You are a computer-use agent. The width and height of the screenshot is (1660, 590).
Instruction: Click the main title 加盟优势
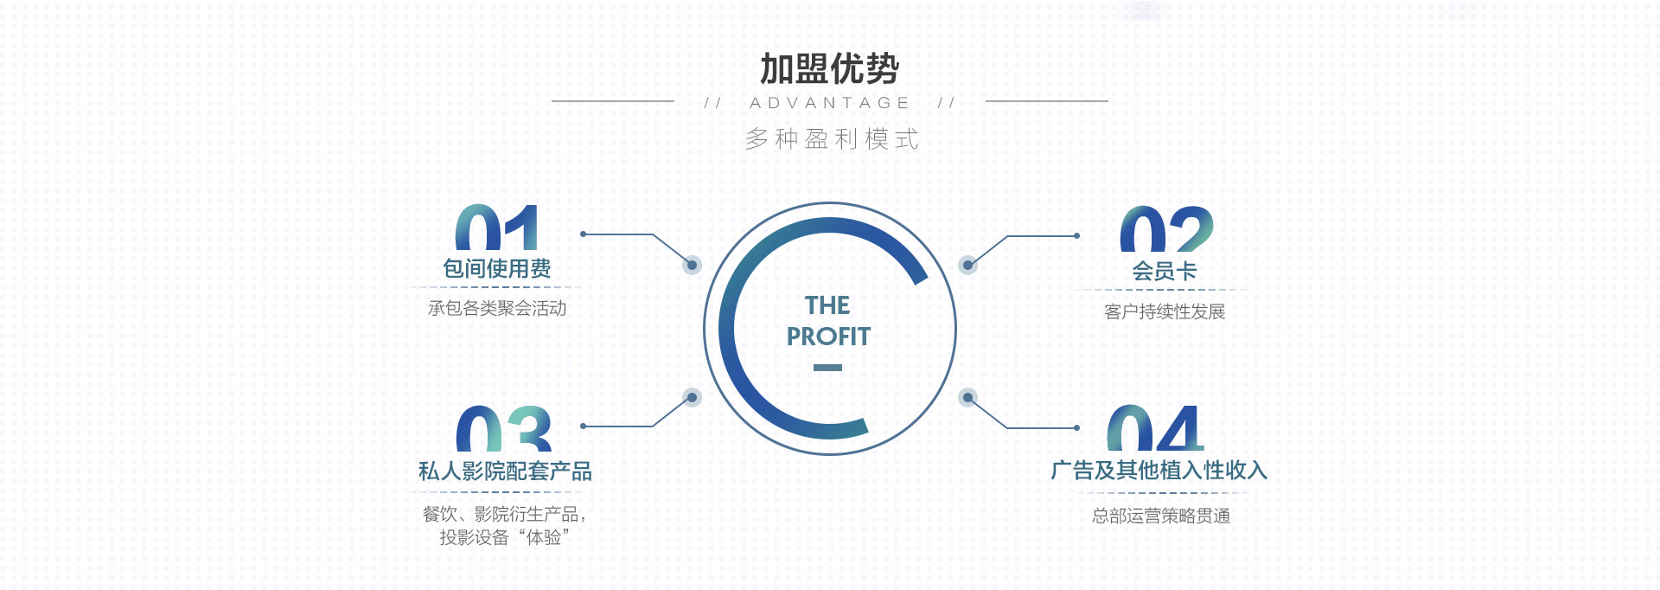tap(830, 69)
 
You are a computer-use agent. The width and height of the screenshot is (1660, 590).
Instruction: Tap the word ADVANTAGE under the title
tap(830, 103)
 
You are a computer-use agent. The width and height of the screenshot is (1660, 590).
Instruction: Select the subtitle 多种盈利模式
tap(832, 138)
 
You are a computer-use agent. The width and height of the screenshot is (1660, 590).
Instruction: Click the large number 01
tap(497, 228)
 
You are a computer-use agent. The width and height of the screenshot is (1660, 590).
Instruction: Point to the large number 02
tap(1166, 229)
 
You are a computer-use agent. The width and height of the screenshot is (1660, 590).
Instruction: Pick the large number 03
tap(503, 428)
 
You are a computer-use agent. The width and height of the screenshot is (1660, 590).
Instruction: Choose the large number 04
tap(1156, 428)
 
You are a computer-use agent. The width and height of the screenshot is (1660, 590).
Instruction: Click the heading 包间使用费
tap(497, 269)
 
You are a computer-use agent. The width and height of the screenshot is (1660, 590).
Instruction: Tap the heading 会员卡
tap(1165, 272)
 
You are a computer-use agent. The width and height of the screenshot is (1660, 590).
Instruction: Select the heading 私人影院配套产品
tap(505, 471)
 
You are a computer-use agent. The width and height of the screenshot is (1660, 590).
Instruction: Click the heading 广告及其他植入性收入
tap(1159, 471)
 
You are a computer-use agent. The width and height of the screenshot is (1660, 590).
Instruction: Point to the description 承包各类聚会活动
tap(497, 308)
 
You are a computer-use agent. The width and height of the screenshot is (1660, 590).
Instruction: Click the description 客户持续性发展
tap(1165, 311)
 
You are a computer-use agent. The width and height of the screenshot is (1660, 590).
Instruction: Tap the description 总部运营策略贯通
tap(1161, 516)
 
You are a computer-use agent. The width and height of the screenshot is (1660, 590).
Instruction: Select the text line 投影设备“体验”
tap(505, 537)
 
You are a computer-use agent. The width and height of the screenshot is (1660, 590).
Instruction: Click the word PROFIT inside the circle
tap(828, 337)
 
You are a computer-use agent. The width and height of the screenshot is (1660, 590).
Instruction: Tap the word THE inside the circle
tap(827, 305)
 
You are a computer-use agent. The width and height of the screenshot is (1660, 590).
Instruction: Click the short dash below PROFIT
tap(827, 368)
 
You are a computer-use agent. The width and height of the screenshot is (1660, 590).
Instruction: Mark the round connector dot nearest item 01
tap(692, 265)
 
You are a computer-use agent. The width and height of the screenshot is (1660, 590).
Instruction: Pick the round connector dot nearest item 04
tap(968, 398)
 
